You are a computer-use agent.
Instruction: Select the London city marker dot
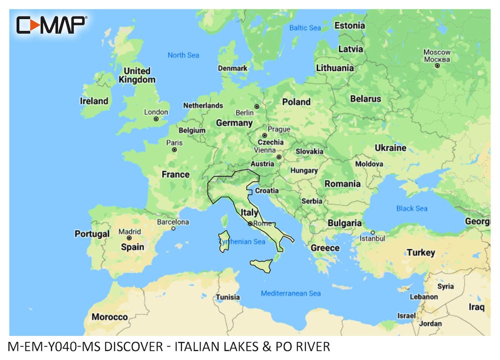pyautogui.click(x=156, y=119)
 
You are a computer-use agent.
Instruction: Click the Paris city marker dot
pyautogui.click(x=174, y=149)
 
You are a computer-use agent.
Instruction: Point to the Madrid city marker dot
pyautogui.click(x=129, y=238)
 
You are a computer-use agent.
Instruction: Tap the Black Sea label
pyautogui.click(x=411, y=208)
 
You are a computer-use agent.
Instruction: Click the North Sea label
pyautogui.click(x=183, y=55)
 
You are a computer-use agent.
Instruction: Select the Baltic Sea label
pyautogui.click(x=305, y=28)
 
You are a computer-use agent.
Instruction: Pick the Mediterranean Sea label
pyautogui.click(x=290, y=293)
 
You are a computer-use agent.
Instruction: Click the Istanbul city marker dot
pyautogui.click(x=372, y=232)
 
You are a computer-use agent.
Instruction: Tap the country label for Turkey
pyautogui.click(x=420, y=252)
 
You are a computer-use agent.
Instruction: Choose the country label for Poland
pyautogui.click(x=296, y=101)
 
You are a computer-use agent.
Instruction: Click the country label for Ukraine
pyautogui.click(x=390, y=147)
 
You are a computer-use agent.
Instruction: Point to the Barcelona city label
pyautogui.click(x=173, y=221)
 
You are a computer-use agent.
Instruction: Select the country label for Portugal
pyautogui.click(x=92, y=233)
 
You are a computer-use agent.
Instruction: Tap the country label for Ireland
pyautogui.click(x=94, y=101)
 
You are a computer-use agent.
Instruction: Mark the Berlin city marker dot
pyautogui.click(x=256, y=106)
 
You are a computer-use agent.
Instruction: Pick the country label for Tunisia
pyautogui.click(x=227, y=297)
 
